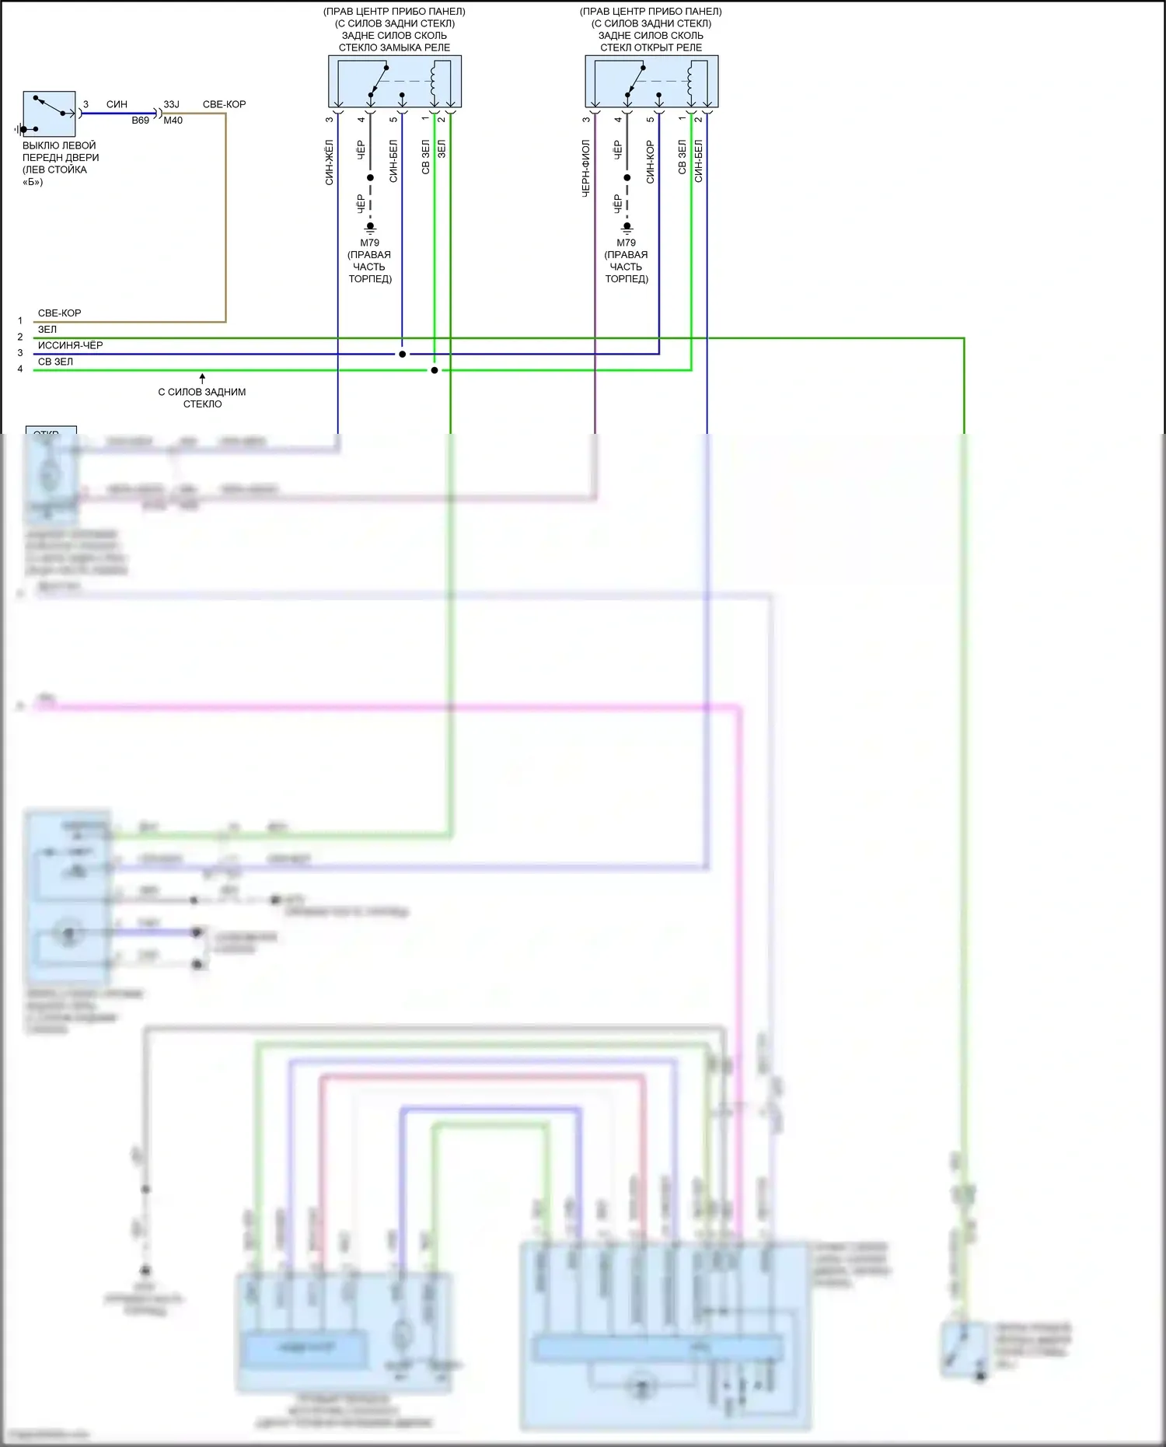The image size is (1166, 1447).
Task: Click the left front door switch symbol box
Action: coord(49,114)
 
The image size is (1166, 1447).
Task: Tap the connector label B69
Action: coord(140,121)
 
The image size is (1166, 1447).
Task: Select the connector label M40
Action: coord(173,121)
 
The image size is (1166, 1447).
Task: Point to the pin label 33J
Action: coord(171,104)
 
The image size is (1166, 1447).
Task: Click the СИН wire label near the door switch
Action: coord(117,104)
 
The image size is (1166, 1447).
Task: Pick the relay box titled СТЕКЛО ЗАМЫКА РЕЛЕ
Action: coord(395,81)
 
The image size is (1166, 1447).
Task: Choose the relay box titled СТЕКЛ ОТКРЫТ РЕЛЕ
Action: coord(651,81)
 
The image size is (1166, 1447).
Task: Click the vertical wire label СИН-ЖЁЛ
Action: coord(330,163)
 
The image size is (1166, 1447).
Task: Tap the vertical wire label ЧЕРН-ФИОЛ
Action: coord(586,168)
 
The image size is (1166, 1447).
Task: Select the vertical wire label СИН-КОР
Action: coord(651,162)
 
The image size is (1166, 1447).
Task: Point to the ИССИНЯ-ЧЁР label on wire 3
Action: coord(70,345)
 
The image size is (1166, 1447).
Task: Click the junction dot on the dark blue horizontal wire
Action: coord(402,355)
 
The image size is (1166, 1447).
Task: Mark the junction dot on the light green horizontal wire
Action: coord(435,370)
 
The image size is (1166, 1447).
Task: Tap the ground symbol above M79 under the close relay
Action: coord(370,228)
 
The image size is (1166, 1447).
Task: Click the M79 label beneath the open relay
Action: coord(627,243)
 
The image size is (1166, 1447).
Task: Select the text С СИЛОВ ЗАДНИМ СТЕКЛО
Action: coord(202,397)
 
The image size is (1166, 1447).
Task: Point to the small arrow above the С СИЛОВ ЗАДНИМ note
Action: coord(202,378)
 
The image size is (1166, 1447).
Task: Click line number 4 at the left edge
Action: coord(20,369)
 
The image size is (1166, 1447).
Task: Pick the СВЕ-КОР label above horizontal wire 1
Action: coord(59,313)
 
